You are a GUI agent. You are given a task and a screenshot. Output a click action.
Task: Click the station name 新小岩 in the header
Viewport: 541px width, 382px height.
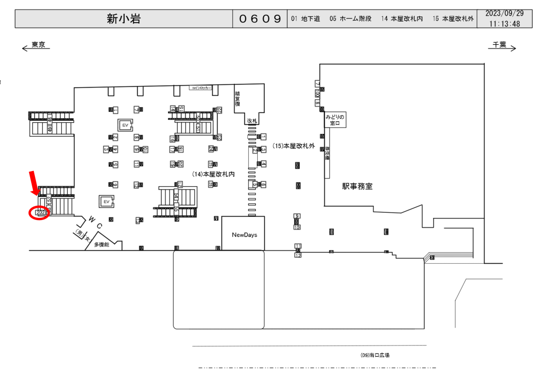124,19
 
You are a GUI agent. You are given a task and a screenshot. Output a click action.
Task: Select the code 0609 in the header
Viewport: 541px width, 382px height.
260,19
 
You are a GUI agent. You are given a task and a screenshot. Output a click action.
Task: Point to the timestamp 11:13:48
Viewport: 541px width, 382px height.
505,24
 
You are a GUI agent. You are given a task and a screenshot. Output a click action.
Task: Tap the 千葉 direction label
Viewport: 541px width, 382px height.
499,45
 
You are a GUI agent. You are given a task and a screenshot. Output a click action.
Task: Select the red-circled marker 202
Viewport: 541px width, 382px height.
40,212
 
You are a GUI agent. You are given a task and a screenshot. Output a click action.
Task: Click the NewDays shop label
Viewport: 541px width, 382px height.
244,234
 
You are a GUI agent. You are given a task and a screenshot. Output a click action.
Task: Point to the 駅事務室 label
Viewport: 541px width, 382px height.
357,186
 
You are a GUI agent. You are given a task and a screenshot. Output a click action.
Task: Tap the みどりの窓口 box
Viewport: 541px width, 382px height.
335,120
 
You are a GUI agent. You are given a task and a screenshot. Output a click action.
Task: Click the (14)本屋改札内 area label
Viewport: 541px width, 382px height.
213,174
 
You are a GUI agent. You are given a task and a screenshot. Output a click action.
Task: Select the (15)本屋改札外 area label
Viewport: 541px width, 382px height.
293,146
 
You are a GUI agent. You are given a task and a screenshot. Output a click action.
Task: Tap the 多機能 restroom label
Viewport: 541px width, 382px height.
101,245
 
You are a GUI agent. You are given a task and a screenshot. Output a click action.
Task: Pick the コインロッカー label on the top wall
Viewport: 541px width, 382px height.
201,89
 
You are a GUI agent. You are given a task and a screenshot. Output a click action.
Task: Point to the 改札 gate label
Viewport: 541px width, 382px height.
251,121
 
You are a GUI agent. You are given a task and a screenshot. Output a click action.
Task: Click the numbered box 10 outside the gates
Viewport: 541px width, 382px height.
297,227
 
